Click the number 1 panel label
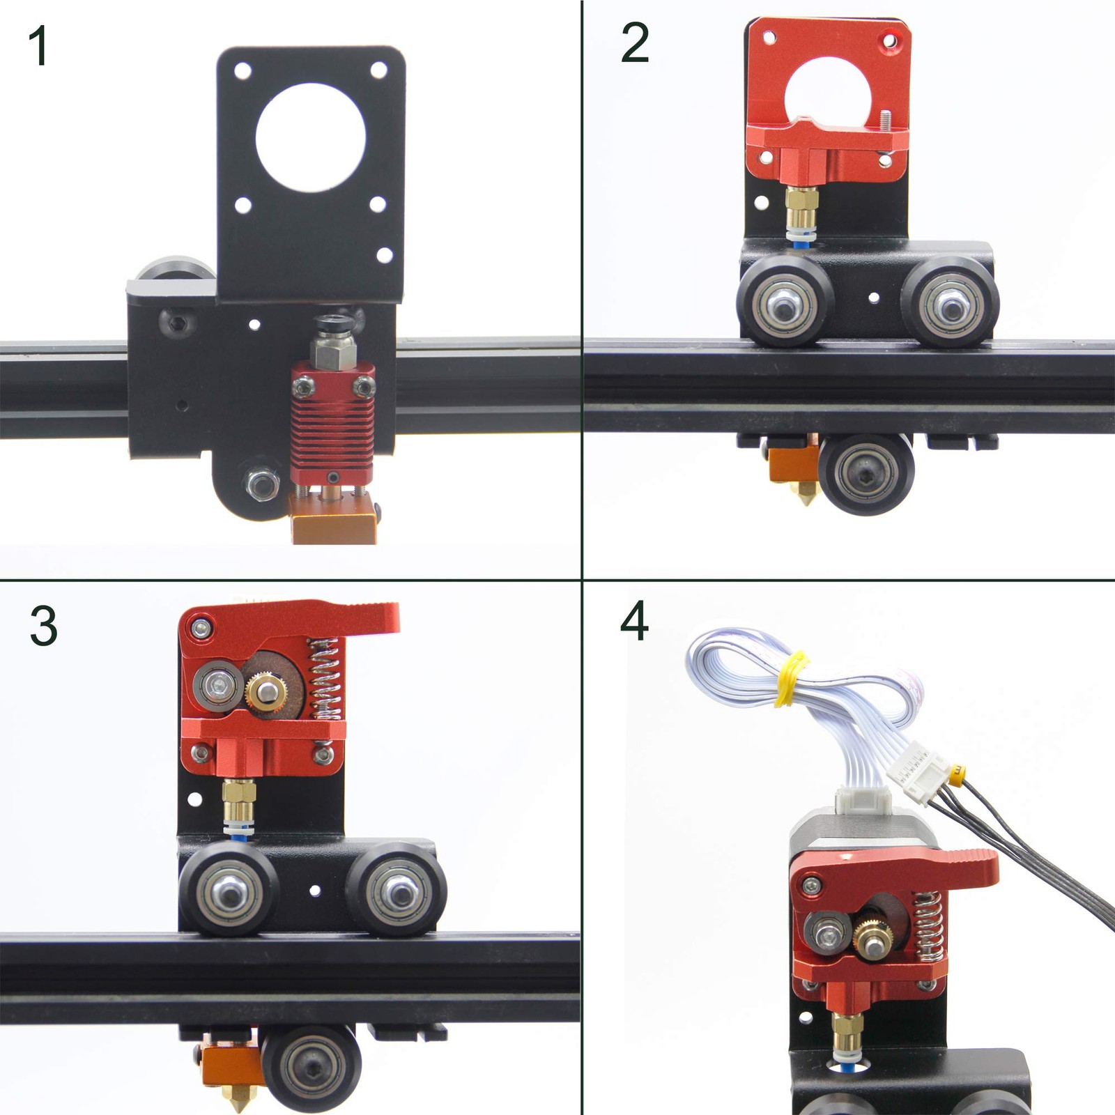[38, 47]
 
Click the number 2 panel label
[634, 43]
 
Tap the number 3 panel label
[43, 625]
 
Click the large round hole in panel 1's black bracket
[311, 137]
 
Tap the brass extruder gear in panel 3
[265, 691]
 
